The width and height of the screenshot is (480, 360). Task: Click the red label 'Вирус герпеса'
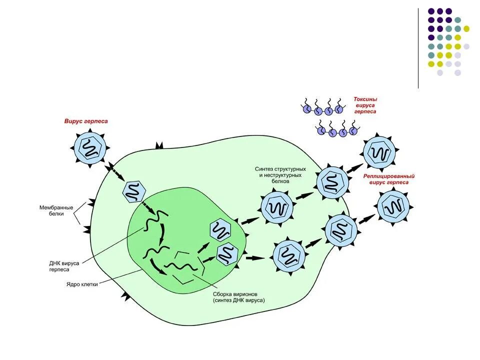tap(85, 121)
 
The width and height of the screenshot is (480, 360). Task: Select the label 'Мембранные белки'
tap(56, 210)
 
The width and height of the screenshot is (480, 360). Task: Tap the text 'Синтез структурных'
tap(280, 169)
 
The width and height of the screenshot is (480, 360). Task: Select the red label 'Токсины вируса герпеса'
tap(365, 105)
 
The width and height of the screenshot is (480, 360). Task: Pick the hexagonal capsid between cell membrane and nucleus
tap(134, 191)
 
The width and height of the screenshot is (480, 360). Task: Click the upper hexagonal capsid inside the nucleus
tap(220, 230)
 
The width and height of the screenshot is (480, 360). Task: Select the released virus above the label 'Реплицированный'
tap(379, 152)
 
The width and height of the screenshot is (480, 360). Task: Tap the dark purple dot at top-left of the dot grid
tap(431, 11)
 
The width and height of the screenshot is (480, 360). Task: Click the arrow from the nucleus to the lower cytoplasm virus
tap(255, 258)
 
